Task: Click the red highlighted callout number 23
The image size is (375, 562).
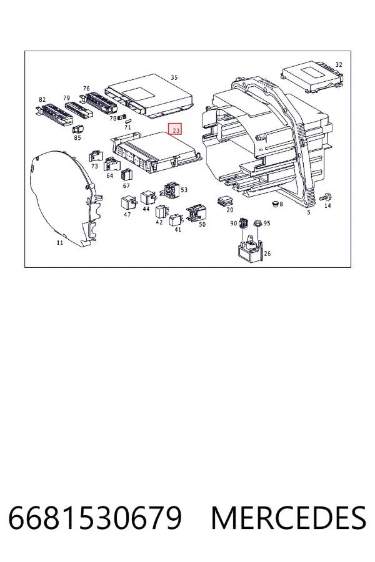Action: tap(176, 129)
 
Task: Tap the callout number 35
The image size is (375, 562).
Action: tap(174, 77)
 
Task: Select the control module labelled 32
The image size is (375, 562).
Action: tap(312, 78)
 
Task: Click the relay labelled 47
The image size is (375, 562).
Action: tap(129, 203)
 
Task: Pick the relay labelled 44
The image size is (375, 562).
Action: tap(148, 197)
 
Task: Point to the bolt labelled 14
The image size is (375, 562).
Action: tap(325, 197)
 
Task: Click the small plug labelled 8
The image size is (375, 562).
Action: tap(275, 204)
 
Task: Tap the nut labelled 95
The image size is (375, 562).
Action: tap(257, 224)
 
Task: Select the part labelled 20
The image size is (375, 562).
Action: tap(225, 202)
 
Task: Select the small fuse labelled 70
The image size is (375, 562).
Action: tap(122, 117)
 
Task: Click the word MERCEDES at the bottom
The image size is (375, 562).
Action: tap(289, 518)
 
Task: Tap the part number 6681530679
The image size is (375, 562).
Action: tap(95, 518)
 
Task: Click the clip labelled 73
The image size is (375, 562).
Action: tap(95, 156)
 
